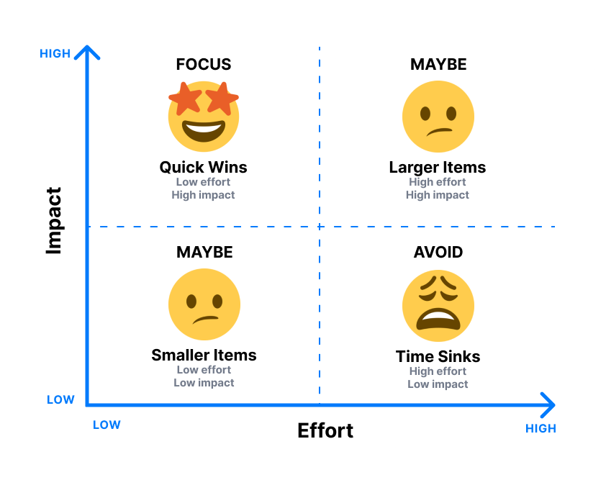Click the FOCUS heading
[204, 64]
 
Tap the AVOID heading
[438, 252]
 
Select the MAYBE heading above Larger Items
[438, 64]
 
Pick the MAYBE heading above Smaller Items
[204, 252]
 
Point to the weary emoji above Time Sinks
[438, 306]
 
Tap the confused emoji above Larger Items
[438, 116]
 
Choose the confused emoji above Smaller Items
[204, 304]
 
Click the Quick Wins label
[203, 167]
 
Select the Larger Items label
[438, 167]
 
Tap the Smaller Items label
[204, 355]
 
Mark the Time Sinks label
[438, 356]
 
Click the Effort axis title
[325, 430]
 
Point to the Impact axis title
[54, 220]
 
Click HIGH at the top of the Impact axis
[55, 53]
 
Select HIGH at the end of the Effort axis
[541, 428]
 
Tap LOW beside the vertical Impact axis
[60, 399]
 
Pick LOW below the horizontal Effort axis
[107, 425]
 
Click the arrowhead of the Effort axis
[548, 404]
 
